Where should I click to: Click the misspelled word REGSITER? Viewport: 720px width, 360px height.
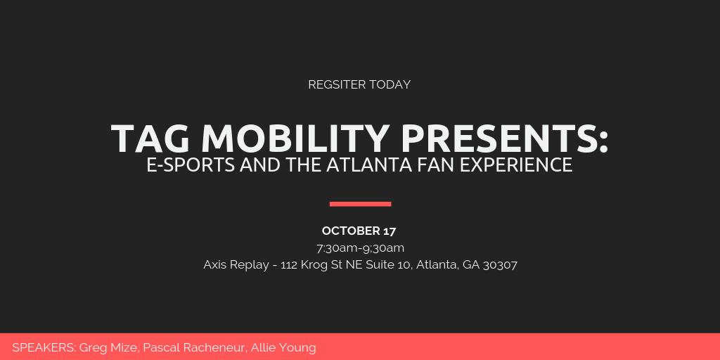pyautogui.click(x=337, y=84)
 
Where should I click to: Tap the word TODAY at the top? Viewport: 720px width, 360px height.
pyautogui.click(x=390, y=84)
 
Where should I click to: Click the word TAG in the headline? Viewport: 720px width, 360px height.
pyautogui.click(x=150, y=138)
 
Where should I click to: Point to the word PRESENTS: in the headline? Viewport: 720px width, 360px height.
pyautogui.click(x=504, y=138)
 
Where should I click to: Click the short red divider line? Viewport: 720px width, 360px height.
pyautogui.click(x=360, y=204)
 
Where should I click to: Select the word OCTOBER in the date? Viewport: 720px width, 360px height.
pyautogui.click(x=350, y=231)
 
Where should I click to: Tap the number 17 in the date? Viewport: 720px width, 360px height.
pyautogui.click(x=390, y=231)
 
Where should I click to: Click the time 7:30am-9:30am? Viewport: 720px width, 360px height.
pyautogui.click(x=360, y=247)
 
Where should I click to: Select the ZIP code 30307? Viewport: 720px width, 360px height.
pyautogui.click(x=500, y=265)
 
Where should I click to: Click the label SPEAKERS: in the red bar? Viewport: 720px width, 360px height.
pyautogui.click(x=44, y=347)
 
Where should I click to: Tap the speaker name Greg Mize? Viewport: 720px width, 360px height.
pyautogui.click(x=109, y=347)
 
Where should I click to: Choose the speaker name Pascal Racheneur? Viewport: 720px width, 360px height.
pyautogui.click(x=194, y=347)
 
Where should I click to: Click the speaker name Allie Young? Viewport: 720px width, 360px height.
pyautogui.click(x=283, y=347)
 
